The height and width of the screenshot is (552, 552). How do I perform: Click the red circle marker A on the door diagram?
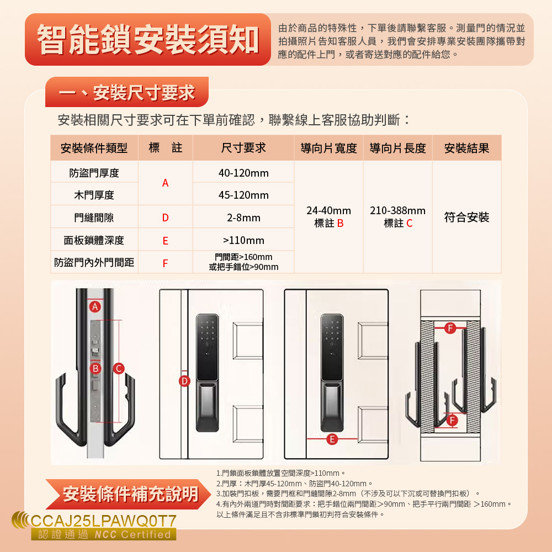point(95,306)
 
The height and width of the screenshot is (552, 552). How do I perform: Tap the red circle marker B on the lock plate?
point(95,368)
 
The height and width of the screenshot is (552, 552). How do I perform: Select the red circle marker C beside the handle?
point(119,368)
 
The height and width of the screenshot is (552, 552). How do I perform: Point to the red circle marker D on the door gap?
point(184,381)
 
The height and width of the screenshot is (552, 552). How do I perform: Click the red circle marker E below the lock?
point(332,439)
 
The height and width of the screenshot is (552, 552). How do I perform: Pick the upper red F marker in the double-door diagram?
point(450,328)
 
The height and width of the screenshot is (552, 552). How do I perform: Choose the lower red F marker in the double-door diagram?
point(452,420)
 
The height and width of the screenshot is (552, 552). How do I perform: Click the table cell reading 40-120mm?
point(243,173)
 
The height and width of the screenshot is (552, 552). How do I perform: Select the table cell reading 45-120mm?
point(243,195)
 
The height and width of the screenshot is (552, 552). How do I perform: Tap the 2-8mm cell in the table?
point(243,217)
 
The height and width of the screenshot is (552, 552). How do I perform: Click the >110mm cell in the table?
point(243,240)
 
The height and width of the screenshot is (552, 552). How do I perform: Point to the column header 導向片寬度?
point(328,148)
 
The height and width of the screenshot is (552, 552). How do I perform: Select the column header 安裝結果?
point(466,148)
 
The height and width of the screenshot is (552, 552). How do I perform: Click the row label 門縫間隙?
point(94,217)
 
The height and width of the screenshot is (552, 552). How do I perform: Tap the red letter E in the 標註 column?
point(165,241)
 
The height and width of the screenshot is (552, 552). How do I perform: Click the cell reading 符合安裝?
point(466,217)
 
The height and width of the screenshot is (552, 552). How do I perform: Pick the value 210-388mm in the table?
point(397,210)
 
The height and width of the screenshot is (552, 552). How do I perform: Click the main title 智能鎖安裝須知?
point(148,39)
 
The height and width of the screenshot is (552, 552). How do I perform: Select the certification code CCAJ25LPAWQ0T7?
point(104,521)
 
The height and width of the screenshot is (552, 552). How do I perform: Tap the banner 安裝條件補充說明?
point(131,494)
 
